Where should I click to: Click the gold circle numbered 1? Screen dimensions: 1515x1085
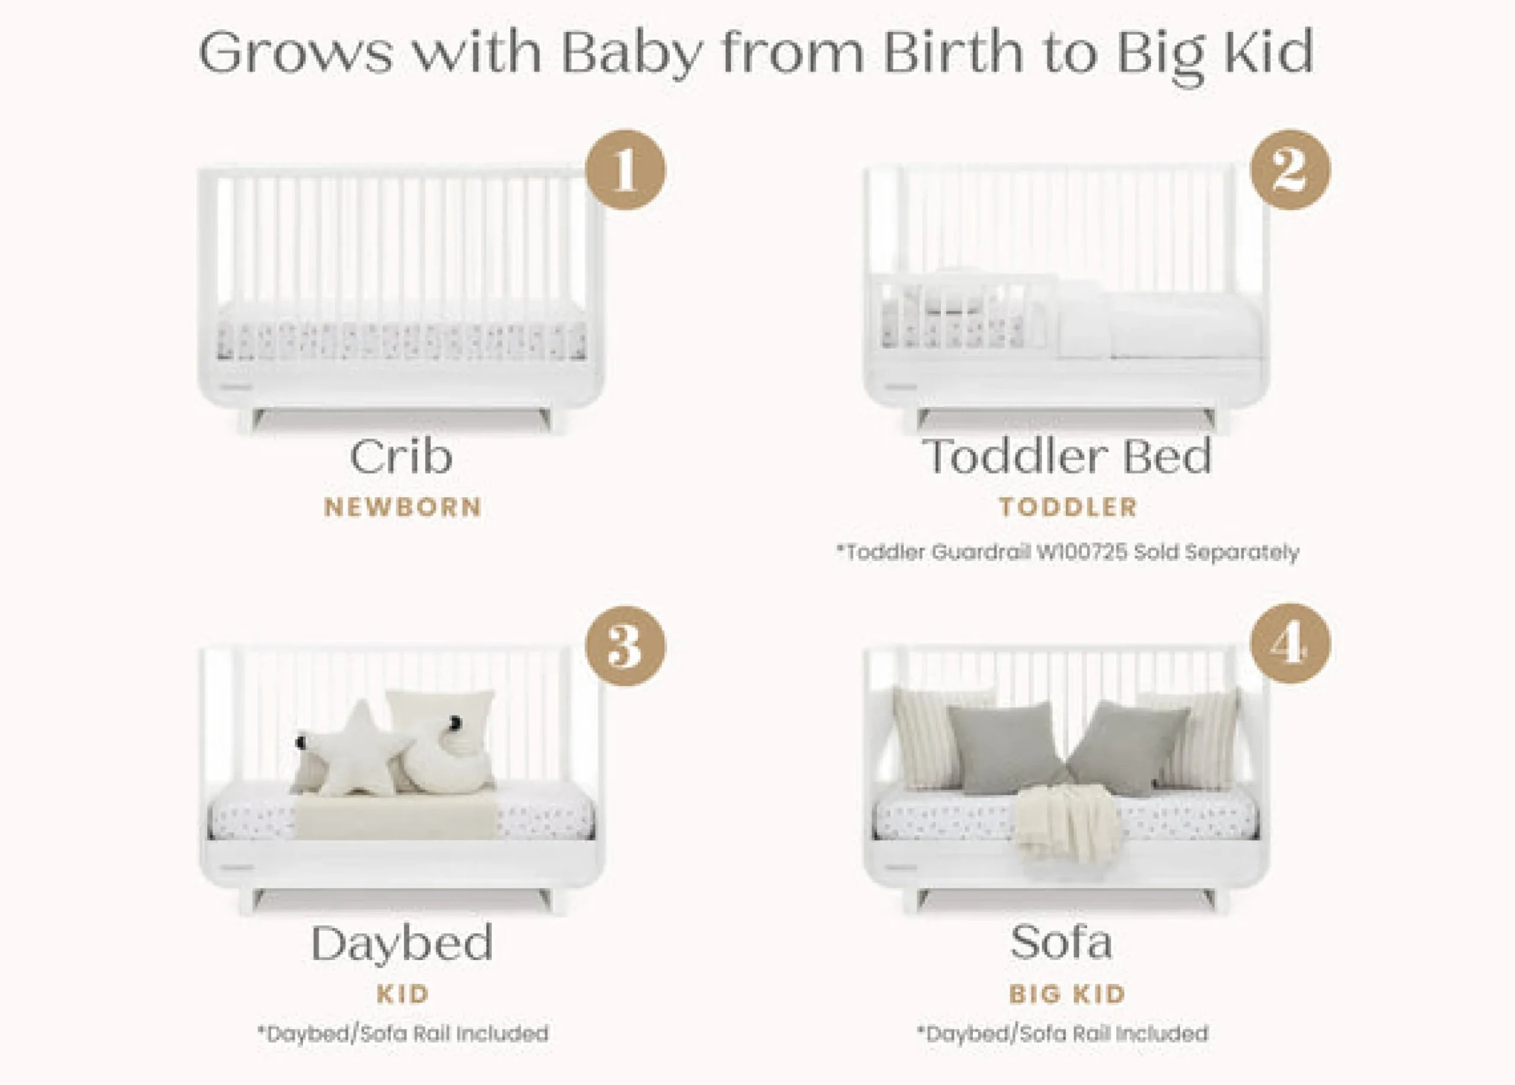[x=626, y=170]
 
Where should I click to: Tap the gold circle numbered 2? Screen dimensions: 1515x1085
[x=1290, y=170]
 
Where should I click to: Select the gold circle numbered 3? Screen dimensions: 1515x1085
[x=626, y=645]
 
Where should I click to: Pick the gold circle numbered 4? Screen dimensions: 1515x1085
[x=1290, y=643]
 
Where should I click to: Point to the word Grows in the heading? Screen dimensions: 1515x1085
[x=296, y=53]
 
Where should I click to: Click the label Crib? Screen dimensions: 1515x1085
[x=401, y=456]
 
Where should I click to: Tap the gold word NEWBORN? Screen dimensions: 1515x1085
[x=403, y=507]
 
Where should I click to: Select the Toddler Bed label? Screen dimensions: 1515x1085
[x=1067, y=456]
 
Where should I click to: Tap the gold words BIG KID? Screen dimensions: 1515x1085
[x=1067, y=994]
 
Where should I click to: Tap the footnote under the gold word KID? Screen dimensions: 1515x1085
[x=403, y=1034]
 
